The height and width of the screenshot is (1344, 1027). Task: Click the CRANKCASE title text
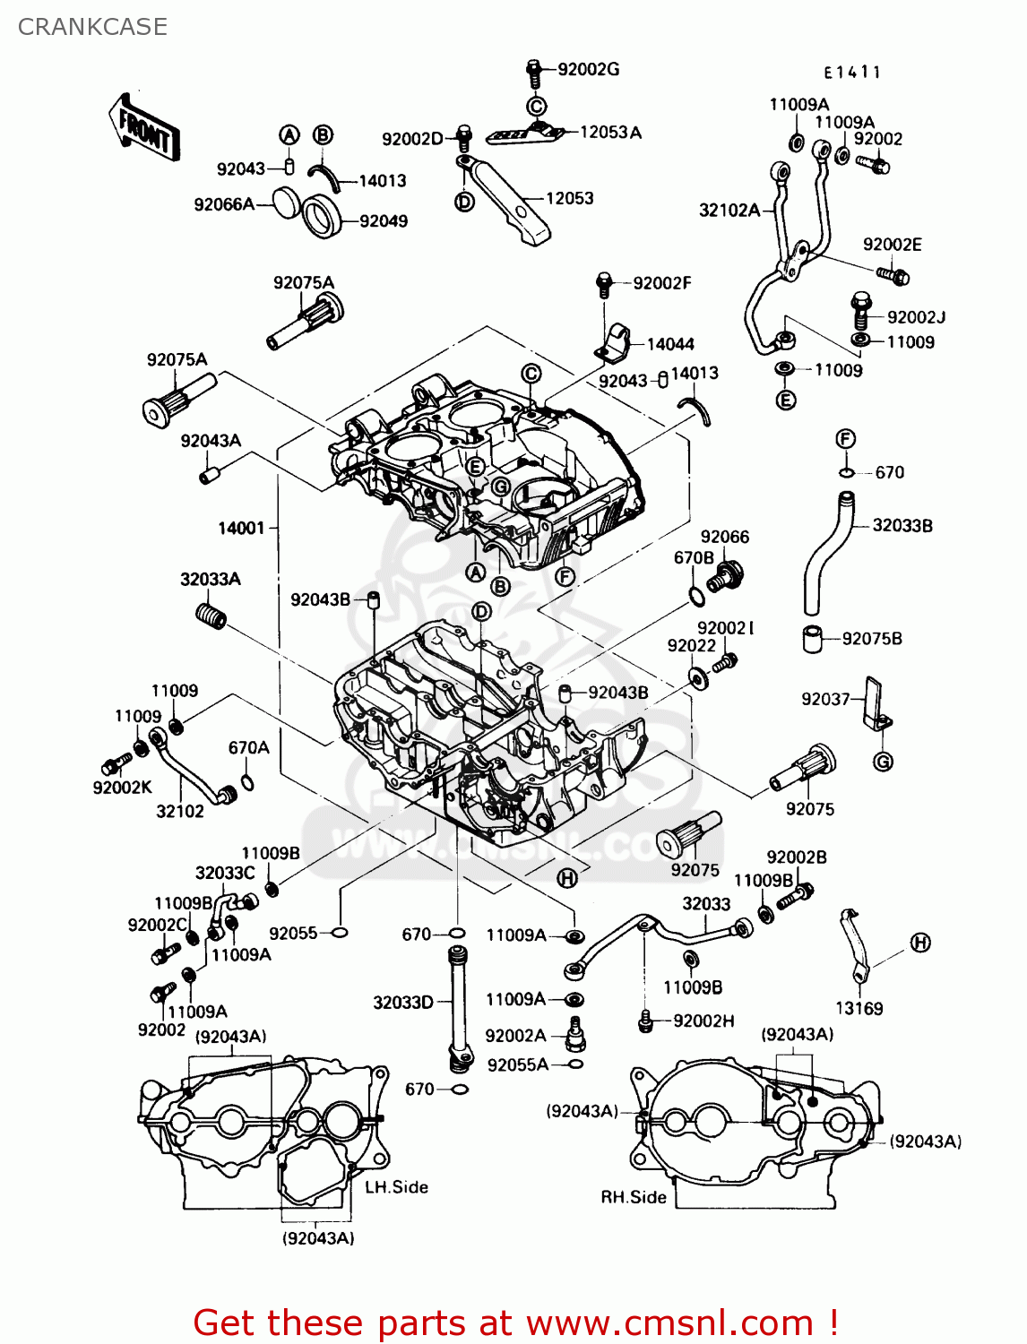[x=92, y=27]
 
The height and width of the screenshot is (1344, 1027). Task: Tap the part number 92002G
[x=588, y=69]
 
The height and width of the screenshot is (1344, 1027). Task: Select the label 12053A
[x=610, y=133]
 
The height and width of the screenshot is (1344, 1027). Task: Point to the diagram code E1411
[x=852, y=73]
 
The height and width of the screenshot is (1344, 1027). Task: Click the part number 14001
[x=241, y=529]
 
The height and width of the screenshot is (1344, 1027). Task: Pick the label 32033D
[x=403, y=1003]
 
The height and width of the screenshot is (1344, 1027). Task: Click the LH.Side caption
[x=396, y=1187]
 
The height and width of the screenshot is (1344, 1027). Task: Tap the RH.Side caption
[x=633, y=1198]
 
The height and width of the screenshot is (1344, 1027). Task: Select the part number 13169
[x=859, y=1009]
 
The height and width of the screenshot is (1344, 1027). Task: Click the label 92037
[x=824, y=699]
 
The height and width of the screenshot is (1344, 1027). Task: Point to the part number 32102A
[x=729, y=211]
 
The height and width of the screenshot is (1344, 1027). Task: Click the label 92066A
[x=224, y=205]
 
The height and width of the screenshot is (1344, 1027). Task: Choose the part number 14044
[x=670, y=344]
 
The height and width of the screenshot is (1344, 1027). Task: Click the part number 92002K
[x=123, y=788]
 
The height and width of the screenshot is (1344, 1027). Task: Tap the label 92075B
[x=871, y=639]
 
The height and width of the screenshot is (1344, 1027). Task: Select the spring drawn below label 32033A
[x=211, y=616]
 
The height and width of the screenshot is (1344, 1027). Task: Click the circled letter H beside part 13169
[x=920, y=943]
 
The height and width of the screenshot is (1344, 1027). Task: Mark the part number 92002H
[x=703, y=1021]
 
